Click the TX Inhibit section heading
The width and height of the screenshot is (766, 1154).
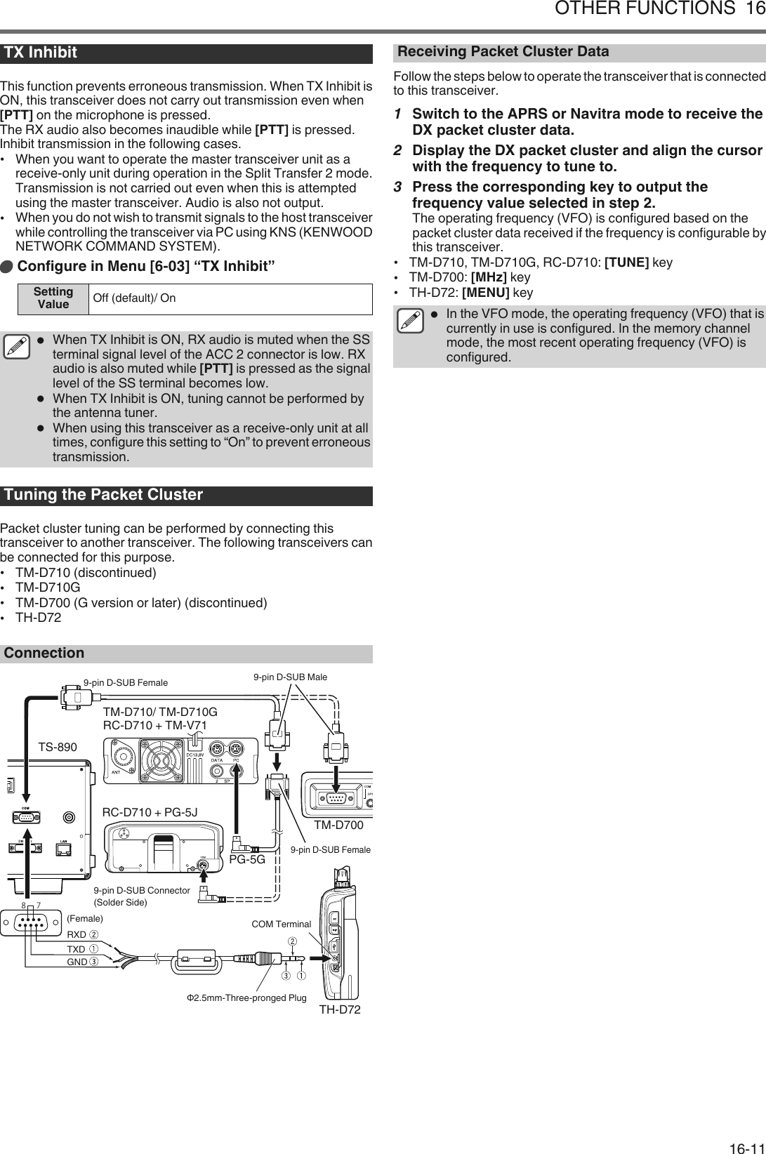coord(41,53)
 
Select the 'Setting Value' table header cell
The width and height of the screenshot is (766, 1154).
coord(53,298)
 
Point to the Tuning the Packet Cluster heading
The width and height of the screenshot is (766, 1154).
coord(103,495)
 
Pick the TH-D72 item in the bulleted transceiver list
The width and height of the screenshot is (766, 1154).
coord(38,618)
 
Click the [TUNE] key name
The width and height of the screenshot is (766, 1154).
coord(626,263)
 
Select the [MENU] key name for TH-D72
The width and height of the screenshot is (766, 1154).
coord(485,293)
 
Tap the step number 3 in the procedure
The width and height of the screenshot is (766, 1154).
coord(398,187)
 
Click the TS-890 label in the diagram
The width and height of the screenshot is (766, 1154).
coord(58,748)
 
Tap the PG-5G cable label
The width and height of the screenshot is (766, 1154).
coord(248,858)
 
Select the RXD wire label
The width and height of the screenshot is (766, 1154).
coord(77,934)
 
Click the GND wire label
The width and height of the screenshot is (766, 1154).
coord(77,962)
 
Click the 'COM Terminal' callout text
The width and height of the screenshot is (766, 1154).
coord(281,924)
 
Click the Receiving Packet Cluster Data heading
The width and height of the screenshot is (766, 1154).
coord(503,52)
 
